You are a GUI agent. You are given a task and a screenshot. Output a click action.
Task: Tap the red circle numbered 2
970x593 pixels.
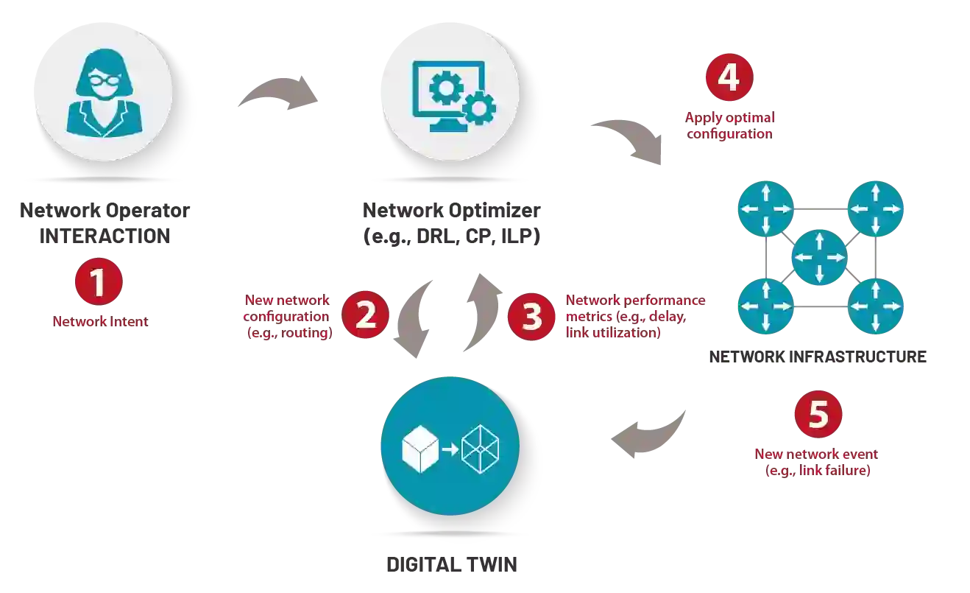pos(365,315)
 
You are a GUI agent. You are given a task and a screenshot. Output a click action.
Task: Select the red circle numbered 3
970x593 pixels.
pos(532,317)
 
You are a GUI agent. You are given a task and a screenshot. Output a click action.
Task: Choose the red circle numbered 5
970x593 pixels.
pos(818,415)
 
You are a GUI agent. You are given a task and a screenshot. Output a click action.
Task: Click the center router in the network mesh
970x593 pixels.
pos(819,257)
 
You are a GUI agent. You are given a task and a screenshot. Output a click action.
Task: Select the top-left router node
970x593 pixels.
pos(765,208)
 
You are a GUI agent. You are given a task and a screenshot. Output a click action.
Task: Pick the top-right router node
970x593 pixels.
pos(876,208)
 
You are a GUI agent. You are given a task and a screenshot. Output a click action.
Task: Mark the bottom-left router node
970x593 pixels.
pos(765,306)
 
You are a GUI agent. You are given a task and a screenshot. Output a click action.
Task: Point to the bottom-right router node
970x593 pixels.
pos(876,306)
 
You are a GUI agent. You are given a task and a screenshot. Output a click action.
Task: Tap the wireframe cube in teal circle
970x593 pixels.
pos(480,448)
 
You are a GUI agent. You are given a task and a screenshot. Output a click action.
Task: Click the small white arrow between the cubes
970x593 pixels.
pos(449,448)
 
